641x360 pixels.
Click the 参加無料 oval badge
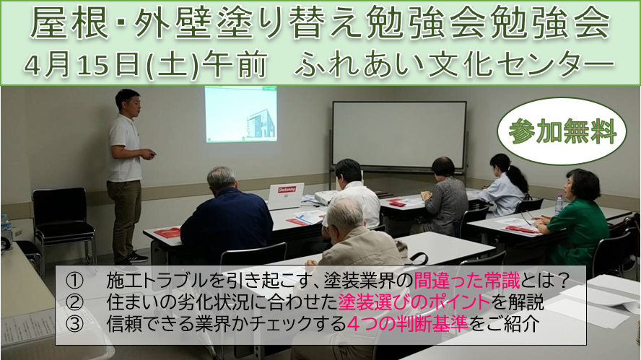point(562,131)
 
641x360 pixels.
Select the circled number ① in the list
point(74,281)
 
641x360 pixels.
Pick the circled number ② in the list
point(74,302)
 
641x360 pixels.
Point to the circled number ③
point(74,324)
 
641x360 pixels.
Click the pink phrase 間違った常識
point(466,281)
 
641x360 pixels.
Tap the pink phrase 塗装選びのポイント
point(414,302)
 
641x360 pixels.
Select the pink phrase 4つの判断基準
point(408,324)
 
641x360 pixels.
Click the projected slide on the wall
point(241,114)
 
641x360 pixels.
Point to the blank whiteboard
point(399,136)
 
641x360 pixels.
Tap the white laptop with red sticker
point(286,196)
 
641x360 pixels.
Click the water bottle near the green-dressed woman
point(559,205)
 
